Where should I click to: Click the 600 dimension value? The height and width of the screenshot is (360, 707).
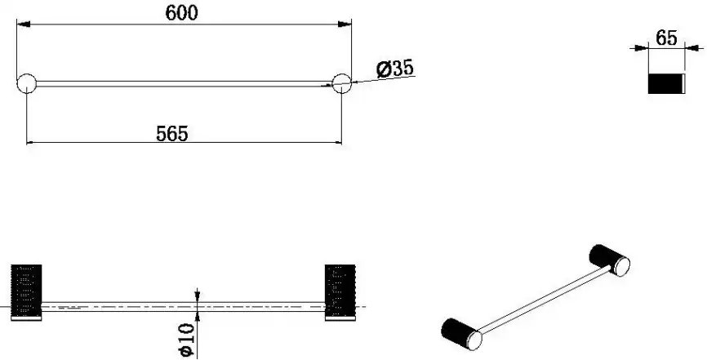(181, 12)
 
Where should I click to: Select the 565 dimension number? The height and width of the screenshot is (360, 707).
(171, 134)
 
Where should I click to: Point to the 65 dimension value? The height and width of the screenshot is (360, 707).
(666, 38)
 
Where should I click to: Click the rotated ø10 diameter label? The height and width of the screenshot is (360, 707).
(187, 340)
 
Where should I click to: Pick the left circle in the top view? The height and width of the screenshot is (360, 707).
(27, 83)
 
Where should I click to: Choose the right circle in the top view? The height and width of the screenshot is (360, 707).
(341, 83)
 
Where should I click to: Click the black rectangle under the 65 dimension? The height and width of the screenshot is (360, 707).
(665, 83)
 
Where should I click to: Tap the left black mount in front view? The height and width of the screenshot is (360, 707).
(26, 290)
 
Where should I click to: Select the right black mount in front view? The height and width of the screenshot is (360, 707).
(340, 290)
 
